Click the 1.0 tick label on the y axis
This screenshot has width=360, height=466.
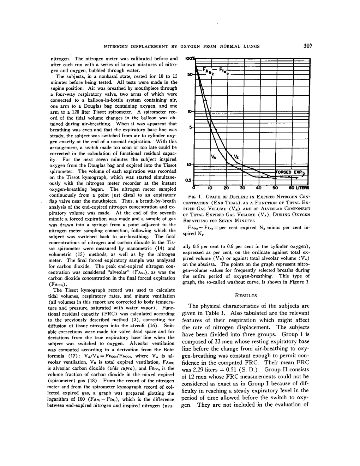189,165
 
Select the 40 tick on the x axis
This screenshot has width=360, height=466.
259,187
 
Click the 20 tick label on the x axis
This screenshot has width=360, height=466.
226,187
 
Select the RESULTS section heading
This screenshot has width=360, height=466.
246,295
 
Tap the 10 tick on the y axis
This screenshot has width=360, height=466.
190,112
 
